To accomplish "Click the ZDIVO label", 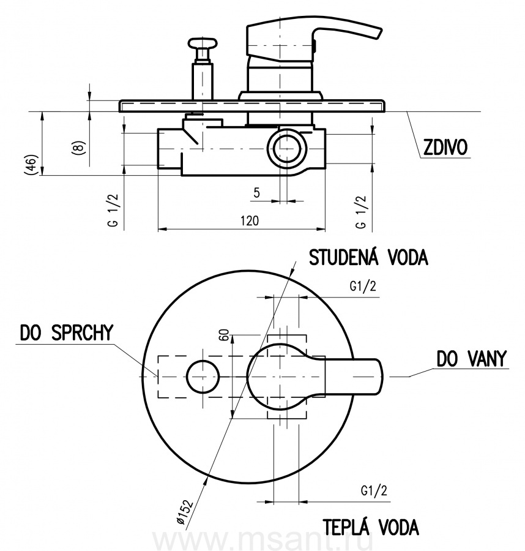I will pyautogui.click(x=444, y=148).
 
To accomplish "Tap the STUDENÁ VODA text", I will pyautogui.click(x=368, y=257).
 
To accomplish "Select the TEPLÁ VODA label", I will pyautogui.click(x=371, y=527).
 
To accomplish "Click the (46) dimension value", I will pyautogui.click(x=31, y=165).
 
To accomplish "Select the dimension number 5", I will pyautogui.click(x=256, y=193).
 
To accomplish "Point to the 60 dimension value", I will pyautogui.click(x=224, y=335).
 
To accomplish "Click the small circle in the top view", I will pyautogui.click(x=203, y=377).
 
